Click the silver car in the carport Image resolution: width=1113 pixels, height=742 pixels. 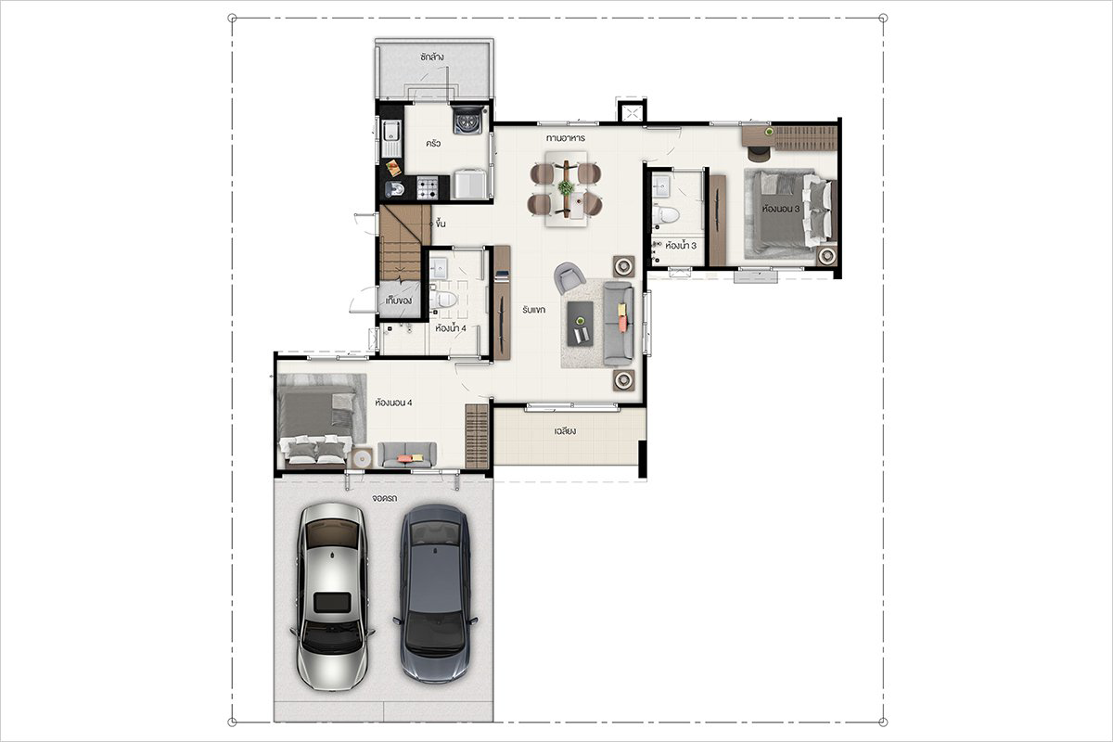coord(332,596)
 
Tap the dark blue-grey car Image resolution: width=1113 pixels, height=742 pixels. coord(435,595)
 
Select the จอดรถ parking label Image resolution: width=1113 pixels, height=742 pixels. coord(385,498)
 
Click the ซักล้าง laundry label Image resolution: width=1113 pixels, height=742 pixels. coord(431,58)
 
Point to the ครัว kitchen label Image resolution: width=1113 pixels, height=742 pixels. coord(433,144)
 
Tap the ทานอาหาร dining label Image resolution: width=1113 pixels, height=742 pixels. coord(566,137)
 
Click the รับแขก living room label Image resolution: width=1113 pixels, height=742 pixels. coord(533,310)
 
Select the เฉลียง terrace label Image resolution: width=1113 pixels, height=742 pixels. coord(566,431)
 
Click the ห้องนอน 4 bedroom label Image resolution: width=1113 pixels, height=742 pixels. coord(393,403)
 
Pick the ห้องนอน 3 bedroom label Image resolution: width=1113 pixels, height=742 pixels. coord(781,209)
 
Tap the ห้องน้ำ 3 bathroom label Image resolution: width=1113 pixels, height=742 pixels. coord(681,246)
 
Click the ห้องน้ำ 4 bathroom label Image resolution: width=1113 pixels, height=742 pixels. coord(451,328)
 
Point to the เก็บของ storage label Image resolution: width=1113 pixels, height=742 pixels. coord(399,301)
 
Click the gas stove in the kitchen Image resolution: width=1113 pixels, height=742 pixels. coord(428,188)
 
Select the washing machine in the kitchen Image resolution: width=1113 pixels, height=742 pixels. coord(467,120)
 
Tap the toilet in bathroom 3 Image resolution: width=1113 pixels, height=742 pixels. coord(665,215)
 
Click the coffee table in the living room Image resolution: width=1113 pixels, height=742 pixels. coord(581,324)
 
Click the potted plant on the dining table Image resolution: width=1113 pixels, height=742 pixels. coord(566,187)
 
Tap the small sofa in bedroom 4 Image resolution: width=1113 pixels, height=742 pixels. coord(407,454)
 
